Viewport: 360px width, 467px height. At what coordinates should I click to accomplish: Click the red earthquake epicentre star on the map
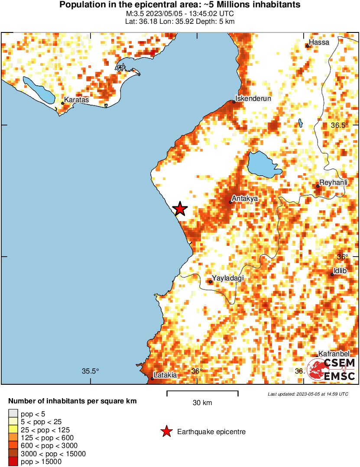(180, 209)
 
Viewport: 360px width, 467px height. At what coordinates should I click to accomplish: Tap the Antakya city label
(245, 199)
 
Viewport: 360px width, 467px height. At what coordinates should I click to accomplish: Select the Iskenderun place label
(253, 98)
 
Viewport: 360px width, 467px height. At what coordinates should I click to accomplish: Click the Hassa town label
(320, 42)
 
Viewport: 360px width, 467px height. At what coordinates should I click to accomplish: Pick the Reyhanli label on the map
(333, 182)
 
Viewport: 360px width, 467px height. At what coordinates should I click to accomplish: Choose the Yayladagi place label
(226, 278)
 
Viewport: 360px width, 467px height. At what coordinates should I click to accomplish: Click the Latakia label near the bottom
(165, 375)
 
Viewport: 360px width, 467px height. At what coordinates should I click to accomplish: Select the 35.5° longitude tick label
(91, 371)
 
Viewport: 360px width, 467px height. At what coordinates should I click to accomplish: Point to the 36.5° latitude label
(339, 126)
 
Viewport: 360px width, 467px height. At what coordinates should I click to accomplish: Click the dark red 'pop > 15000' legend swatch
(13, 461)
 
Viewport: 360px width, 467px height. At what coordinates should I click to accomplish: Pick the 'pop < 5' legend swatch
(13, 414)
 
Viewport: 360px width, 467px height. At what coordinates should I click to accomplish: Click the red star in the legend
(166, 432)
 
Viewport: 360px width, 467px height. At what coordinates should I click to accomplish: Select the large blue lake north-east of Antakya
(263, 164)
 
